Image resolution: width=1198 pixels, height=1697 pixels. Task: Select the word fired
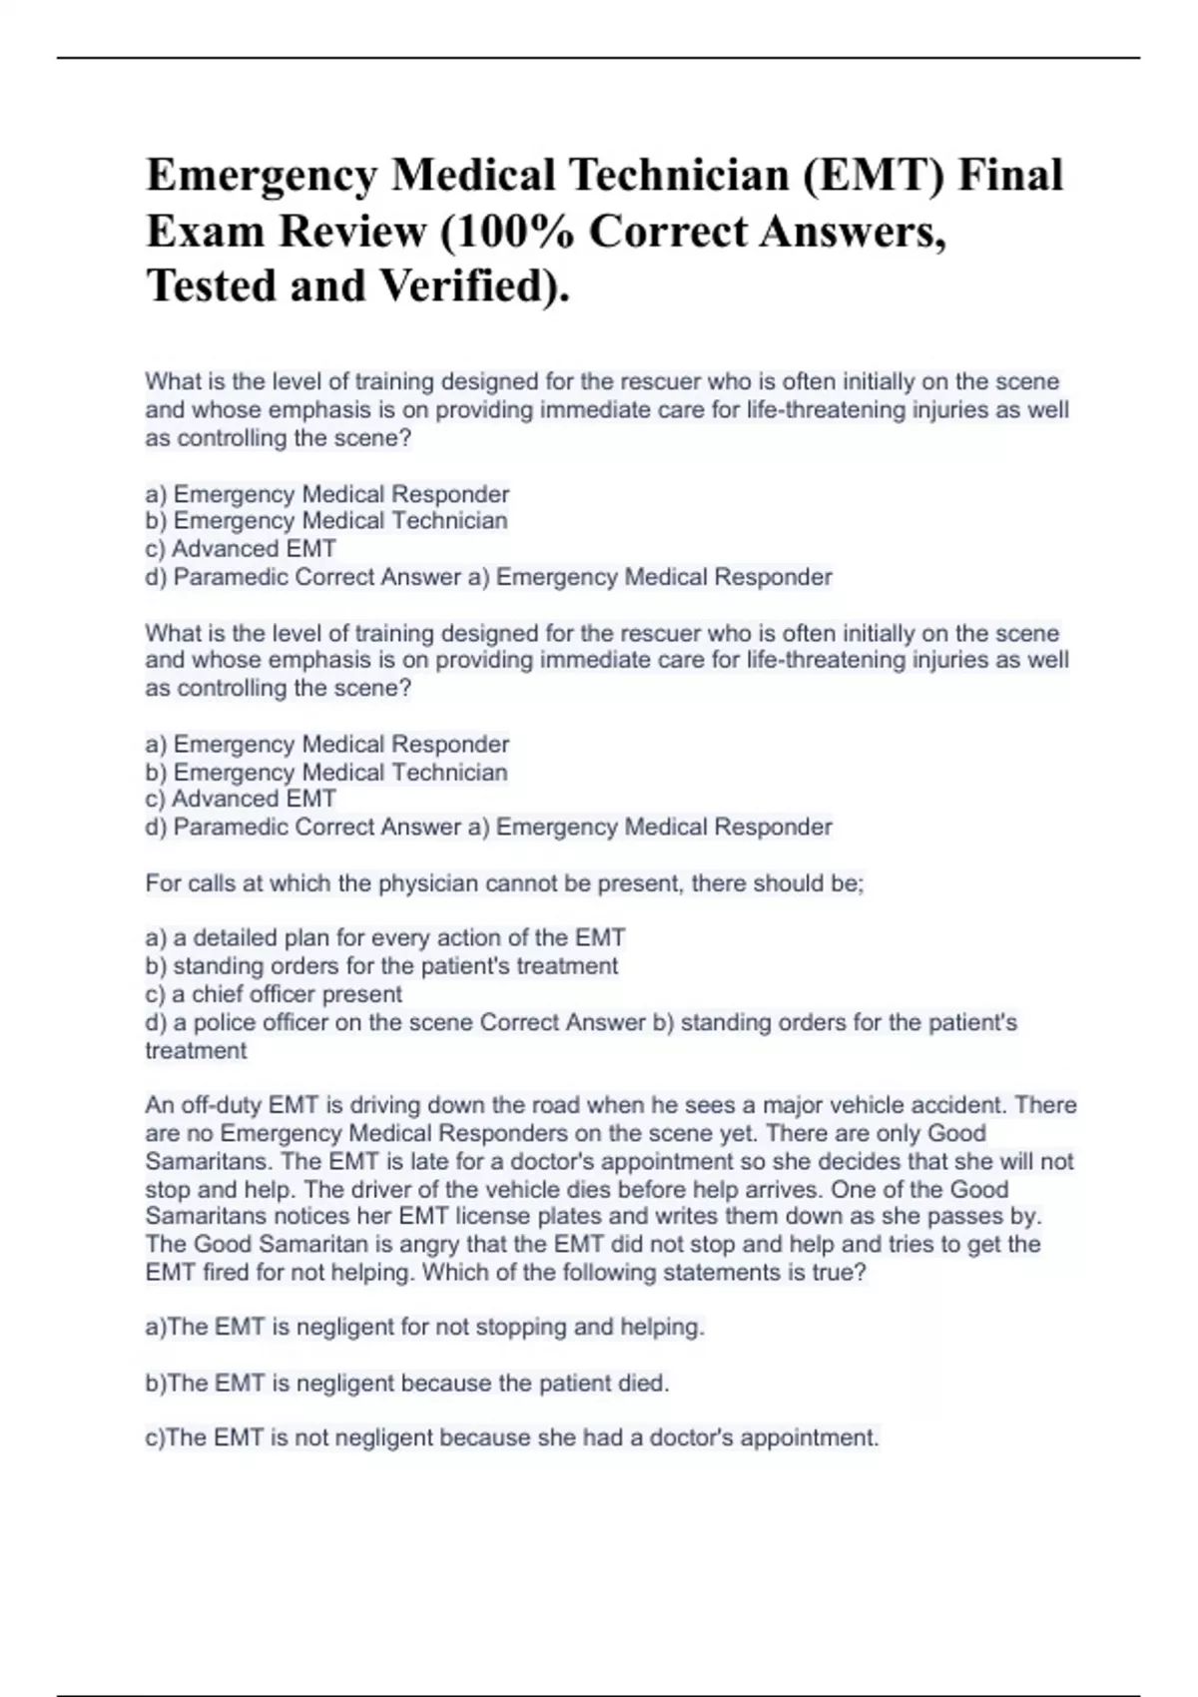[x=228, y=1272]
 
